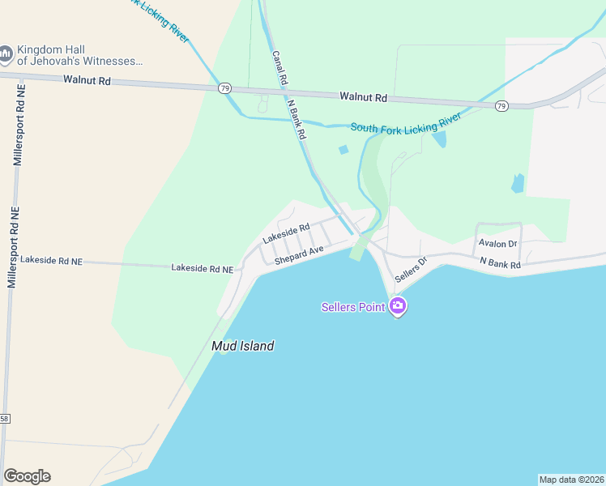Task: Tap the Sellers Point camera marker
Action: click(x=397, y=306)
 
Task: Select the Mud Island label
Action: click(x=242, y=346)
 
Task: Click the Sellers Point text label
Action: click(x=353, y=307)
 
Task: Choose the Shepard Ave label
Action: click(x=299, y=255)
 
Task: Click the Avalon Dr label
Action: click(x=497, y=243)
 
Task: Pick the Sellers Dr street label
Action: click(x=410, y=271)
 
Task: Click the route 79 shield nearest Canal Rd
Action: click(x=225, y=87)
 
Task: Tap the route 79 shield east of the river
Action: click(x=501, y=106)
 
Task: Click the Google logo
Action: click(x=27, y=476)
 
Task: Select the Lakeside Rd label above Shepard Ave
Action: click(x=286, y=234)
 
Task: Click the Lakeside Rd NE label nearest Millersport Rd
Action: click(x=52, y=261)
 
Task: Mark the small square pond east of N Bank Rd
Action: click(x=343, y=150)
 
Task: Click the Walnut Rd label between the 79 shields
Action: click(x=364, y=97)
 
